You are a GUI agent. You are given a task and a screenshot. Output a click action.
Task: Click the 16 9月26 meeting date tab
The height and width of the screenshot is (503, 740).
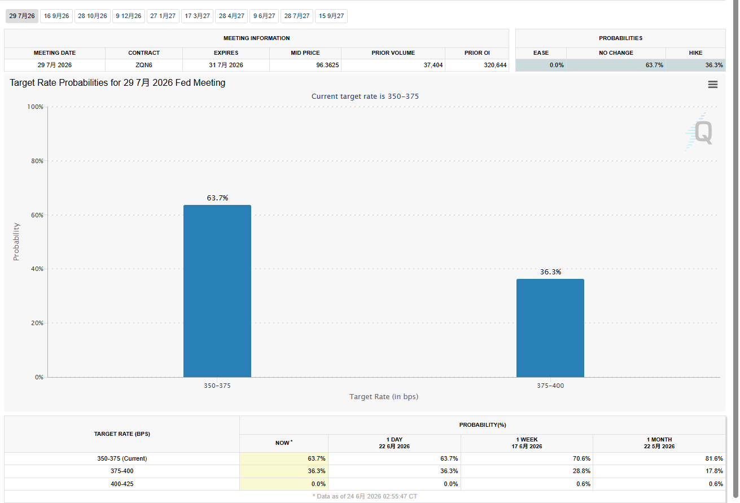click(x=56, y=16)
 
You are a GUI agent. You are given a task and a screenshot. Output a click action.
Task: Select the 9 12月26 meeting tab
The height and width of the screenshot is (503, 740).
click(x=129, y=16)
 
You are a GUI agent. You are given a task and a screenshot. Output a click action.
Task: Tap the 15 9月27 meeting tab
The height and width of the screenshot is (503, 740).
click(x=331, y=16)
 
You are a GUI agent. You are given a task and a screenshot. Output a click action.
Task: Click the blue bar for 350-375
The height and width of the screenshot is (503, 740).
click(x=217, y=291)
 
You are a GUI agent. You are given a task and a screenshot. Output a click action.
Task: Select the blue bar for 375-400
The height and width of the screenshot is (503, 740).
click(x=550, y=328)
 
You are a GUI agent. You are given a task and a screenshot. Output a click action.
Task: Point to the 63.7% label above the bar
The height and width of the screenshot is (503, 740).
click(x=217, y=198)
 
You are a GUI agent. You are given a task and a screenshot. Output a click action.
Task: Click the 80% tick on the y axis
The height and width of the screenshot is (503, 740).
click(x=37, y=161)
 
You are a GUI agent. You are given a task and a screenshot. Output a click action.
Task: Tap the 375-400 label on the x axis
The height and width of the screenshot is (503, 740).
click(x=550, y=386)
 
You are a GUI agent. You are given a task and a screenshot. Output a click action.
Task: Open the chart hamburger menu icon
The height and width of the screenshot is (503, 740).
click(x=712, y=84)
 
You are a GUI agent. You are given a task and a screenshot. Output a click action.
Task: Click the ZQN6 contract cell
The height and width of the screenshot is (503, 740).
click(x=144, y=65)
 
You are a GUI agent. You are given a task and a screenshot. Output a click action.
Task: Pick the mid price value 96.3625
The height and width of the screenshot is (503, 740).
click(x=327, y=65)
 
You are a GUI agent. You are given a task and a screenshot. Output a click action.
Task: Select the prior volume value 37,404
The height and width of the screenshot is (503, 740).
click(x=433, y=65)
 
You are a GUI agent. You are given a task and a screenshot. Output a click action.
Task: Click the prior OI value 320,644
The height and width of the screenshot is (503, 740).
click(x=495, y=65)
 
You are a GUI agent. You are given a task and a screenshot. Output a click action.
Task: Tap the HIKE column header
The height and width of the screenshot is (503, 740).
click(x=695, y=53)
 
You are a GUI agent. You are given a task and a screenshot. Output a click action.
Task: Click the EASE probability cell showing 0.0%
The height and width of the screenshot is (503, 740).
click(x=557, y=65)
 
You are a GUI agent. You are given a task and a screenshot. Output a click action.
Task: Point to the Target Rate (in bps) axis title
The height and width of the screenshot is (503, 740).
click(x=384, y=396)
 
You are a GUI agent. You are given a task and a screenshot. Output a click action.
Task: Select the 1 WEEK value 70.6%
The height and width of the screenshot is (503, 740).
click(x=581, y=458)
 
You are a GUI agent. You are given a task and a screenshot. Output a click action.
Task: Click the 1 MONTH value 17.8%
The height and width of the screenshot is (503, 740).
click(x=714, y=471)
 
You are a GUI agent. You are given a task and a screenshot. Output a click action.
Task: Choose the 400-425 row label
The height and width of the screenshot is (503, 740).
click(x=122, y=484)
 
